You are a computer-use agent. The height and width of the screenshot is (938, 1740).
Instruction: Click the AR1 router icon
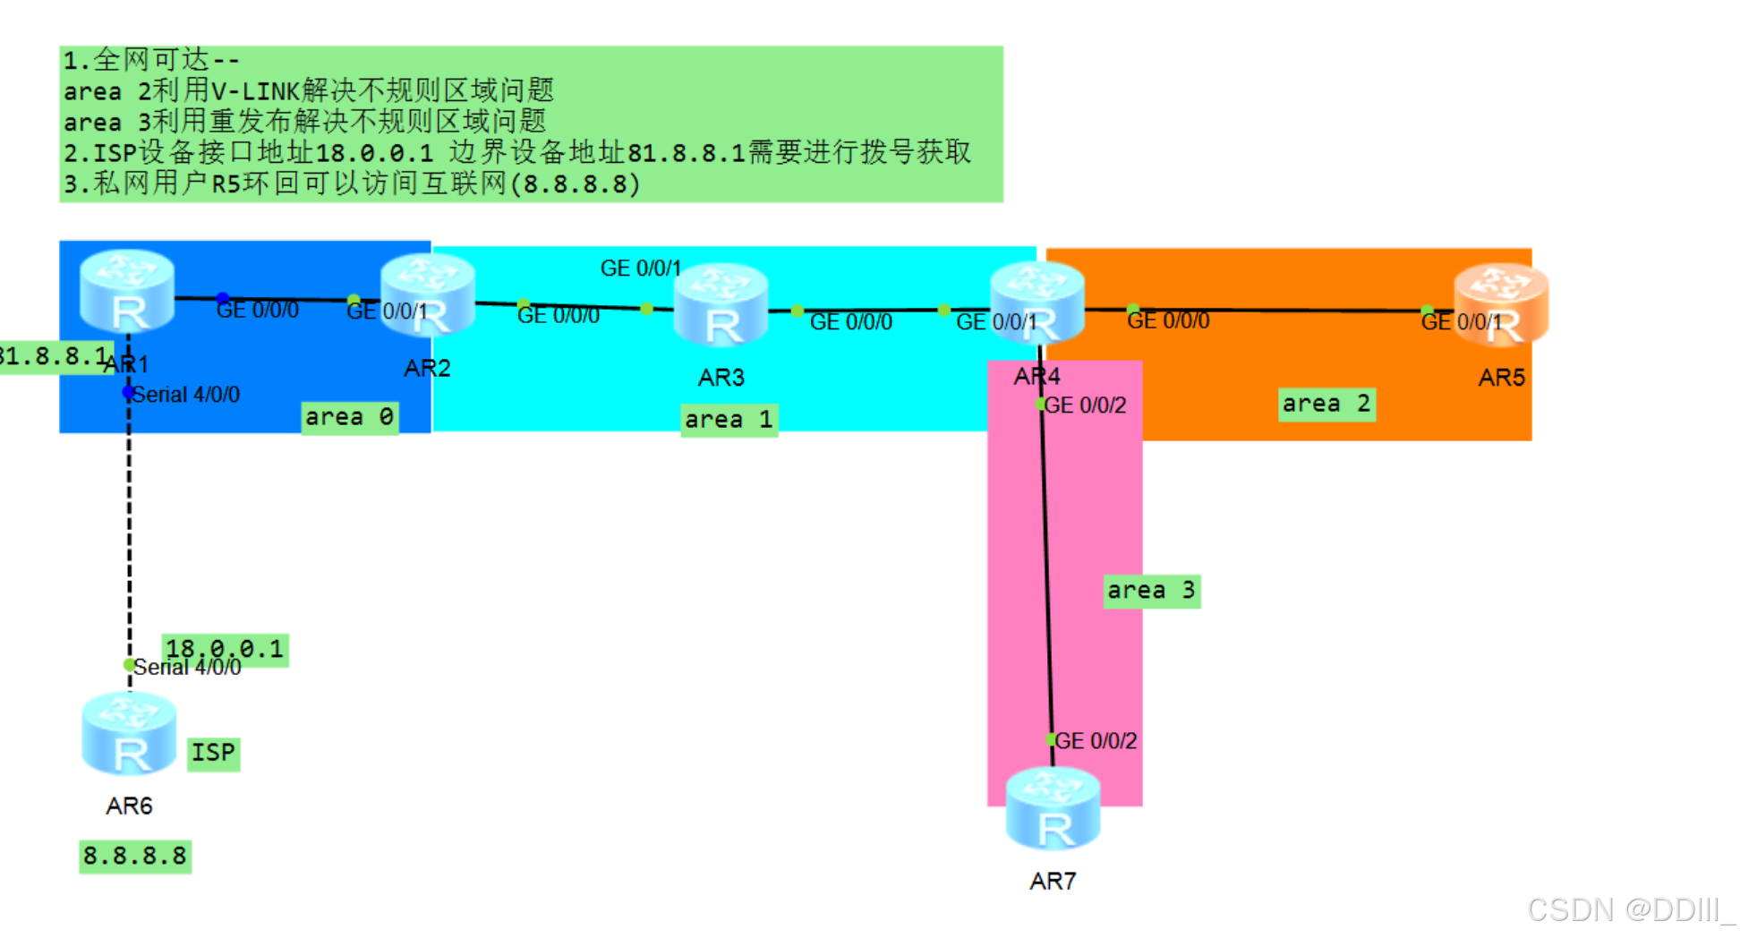click(127, 291)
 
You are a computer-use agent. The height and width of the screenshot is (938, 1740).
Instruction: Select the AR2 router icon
click(427, 295)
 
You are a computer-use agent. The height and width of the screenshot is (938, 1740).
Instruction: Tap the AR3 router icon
click(721, 305)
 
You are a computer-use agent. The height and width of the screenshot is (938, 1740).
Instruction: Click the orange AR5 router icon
click(1501, 304)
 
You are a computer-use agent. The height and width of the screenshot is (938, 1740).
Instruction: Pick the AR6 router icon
click(129, 734)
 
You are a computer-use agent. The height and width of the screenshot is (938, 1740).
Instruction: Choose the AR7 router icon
click(1053, 809)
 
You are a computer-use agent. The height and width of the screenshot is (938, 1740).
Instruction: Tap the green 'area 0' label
click(349, 417)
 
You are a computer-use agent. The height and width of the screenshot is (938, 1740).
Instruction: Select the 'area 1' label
click(729, 420)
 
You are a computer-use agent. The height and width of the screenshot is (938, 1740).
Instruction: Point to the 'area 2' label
click(1326, 404)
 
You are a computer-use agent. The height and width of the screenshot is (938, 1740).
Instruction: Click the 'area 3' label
click(1151, 591)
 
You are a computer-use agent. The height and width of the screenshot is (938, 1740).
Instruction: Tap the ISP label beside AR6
click(213, 753)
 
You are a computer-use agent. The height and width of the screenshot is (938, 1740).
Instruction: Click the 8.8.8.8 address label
click(135, 857)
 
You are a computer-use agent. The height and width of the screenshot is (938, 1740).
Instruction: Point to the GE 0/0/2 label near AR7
click(1096, 741)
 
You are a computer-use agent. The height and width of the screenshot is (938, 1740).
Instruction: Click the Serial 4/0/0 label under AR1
click(186, 395)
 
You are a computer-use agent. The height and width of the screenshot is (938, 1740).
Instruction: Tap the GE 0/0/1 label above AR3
click(641, 269)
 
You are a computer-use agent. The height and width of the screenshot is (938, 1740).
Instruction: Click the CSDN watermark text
click(1629, 910)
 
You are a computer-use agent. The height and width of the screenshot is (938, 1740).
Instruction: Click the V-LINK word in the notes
click(254, 90)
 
